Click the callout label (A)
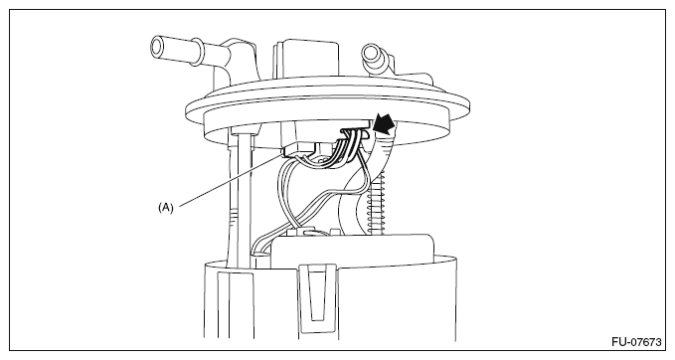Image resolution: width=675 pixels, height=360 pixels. coord(166,208)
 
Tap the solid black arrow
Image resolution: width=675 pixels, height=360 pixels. coord(384,122)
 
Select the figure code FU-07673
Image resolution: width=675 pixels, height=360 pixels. coord(636,342)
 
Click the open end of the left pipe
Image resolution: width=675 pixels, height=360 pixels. coord(157,47)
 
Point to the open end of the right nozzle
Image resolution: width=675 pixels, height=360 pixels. coord(370,53)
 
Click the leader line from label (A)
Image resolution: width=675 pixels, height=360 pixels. coord(232,180)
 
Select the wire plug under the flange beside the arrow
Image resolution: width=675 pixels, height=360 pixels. coord(356,131)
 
